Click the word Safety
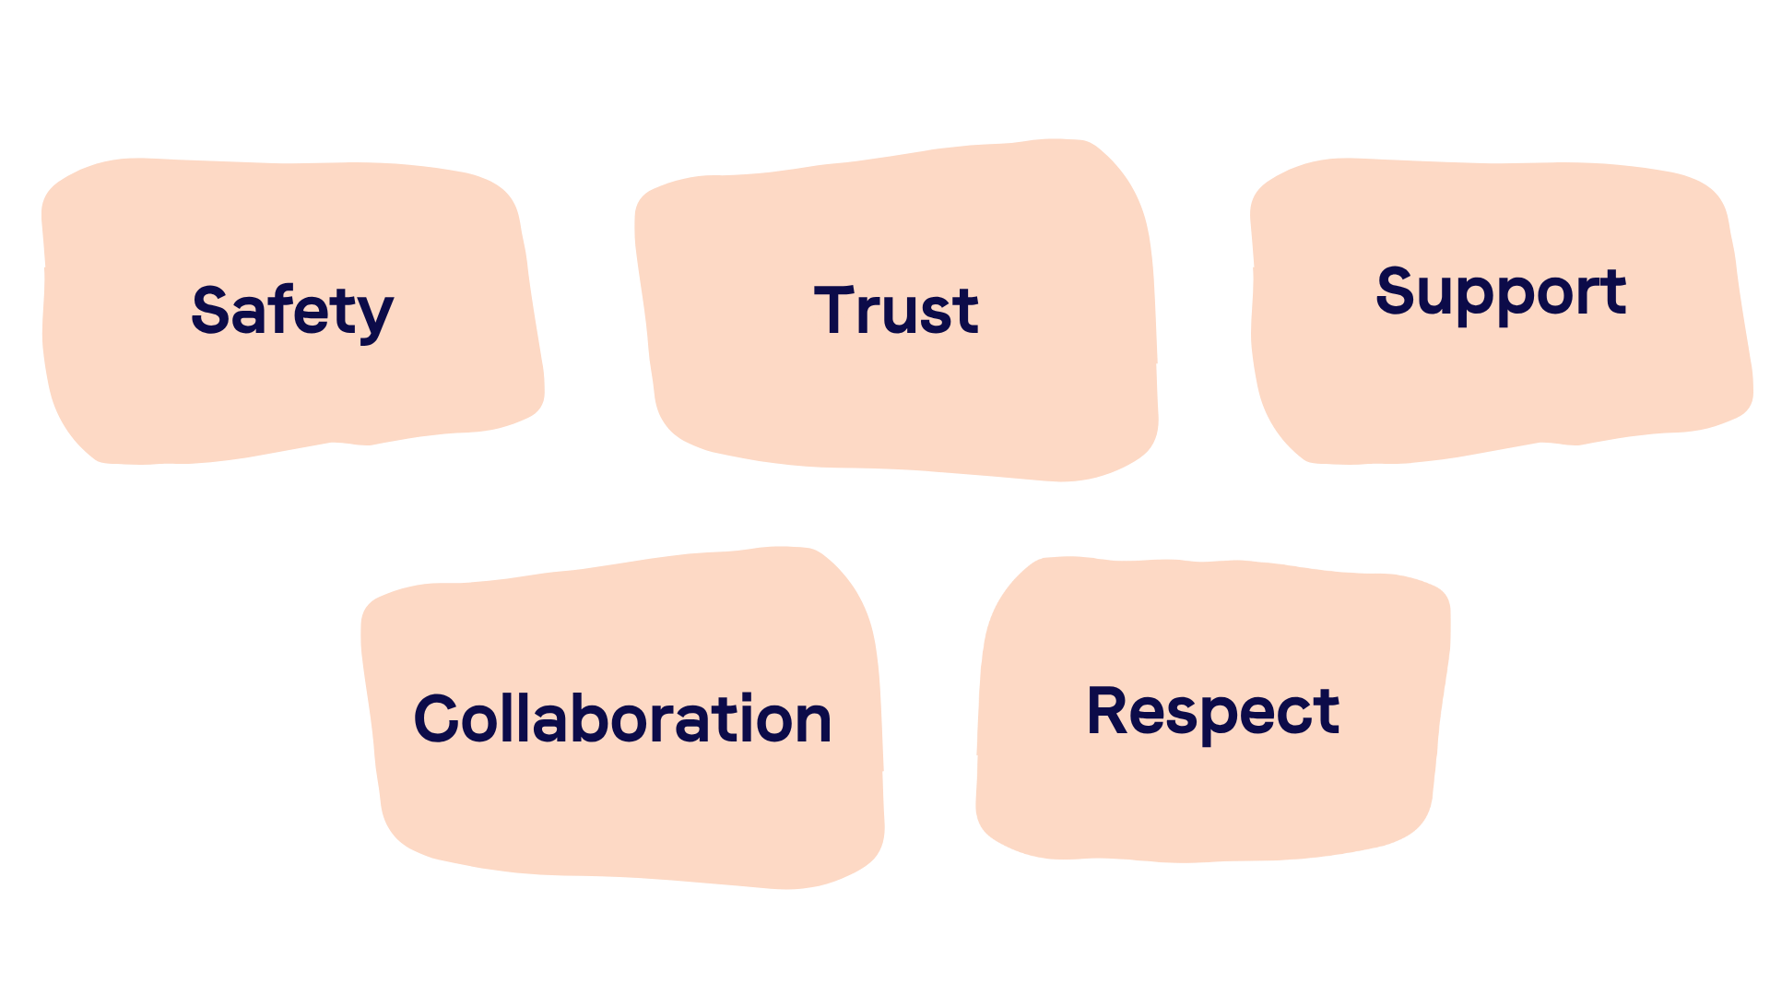pyautogui.click(x=292, y=311)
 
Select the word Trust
pyautogui.click(x=896, y=310)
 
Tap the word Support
pyautogui.click(x=1501, y=292)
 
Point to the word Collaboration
pyautogui.click(x=623, y=718)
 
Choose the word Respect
pyautogui.click(x=1213, y=711)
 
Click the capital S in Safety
pyautogui.click(x=210, y=310)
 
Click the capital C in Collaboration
pyautogui.click(x=436, y=718)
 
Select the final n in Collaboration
pyautogui.click(x=812, y=723)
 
